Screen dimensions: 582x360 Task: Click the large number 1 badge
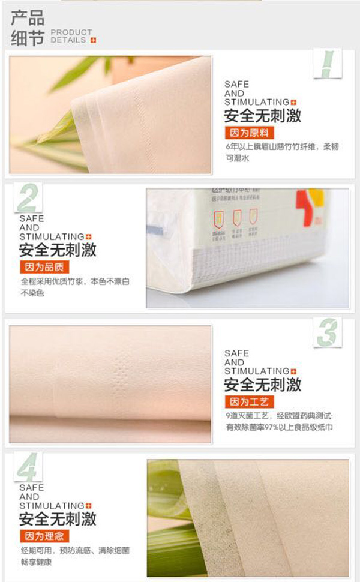click(327, 64)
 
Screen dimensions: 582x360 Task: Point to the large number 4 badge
click(29, 467)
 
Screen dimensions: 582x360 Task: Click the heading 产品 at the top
click(27, 17)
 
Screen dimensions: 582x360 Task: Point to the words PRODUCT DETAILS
click(71, 36)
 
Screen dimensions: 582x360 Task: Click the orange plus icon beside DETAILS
click(93, 40)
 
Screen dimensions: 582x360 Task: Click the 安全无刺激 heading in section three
click(263, 385)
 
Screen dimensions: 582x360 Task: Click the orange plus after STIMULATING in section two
click(88, 237)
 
